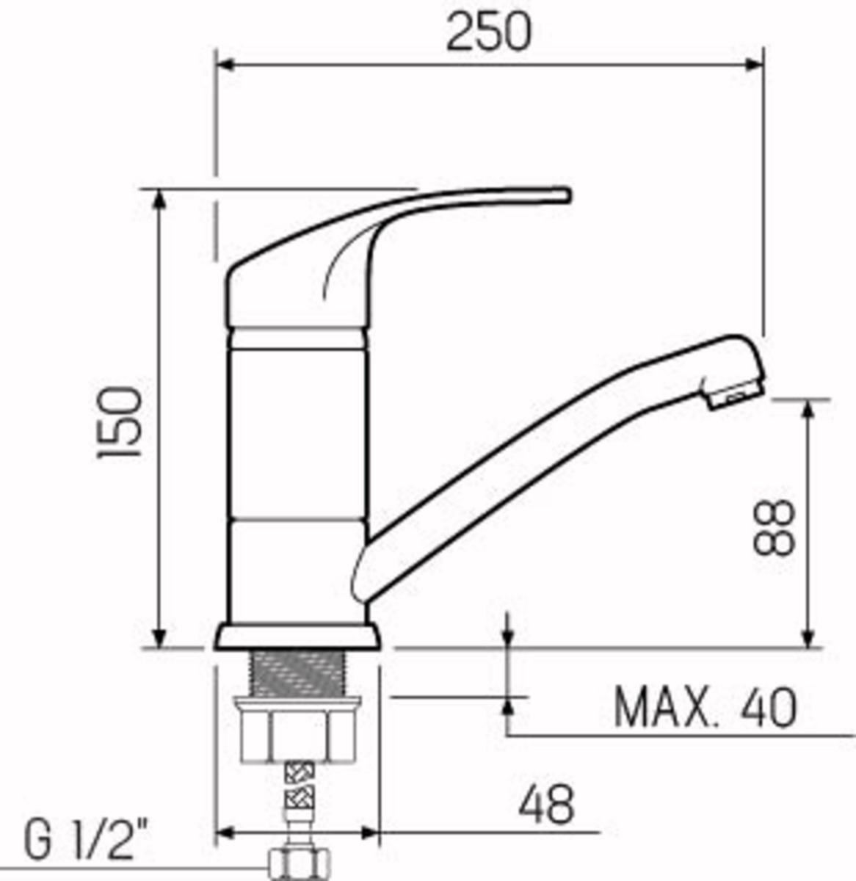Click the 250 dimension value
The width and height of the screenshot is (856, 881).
coord(488,32)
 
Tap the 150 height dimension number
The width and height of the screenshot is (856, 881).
coord(120,422)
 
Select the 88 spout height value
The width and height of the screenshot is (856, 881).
coord(773,527)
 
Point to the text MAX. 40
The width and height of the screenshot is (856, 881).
coord(704,708)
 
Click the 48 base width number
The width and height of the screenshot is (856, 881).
coord(546,805)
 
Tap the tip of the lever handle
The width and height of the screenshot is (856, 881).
coord(567,195)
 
